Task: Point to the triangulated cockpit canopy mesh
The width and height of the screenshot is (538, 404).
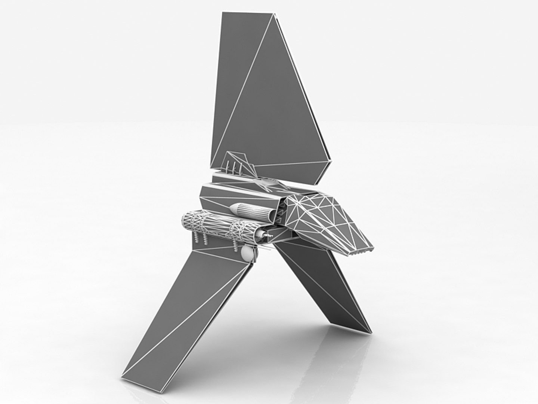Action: pos(321,213)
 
